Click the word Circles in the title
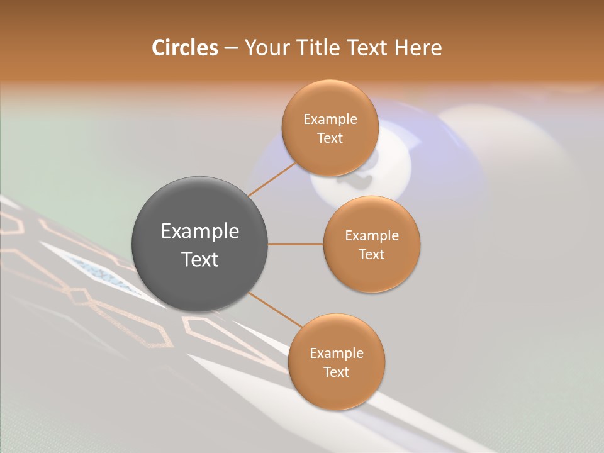[184, 48]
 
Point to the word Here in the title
[418, 48]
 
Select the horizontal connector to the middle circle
[296, 244]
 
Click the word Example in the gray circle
[200, 232]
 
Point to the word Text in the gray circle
[200, 259]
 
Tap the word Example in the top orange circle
[330, 120]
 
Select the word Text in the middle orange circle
[371, 254]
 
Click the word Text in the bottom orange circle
[336, 372]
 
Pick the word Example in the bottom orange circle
[336, 353]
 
